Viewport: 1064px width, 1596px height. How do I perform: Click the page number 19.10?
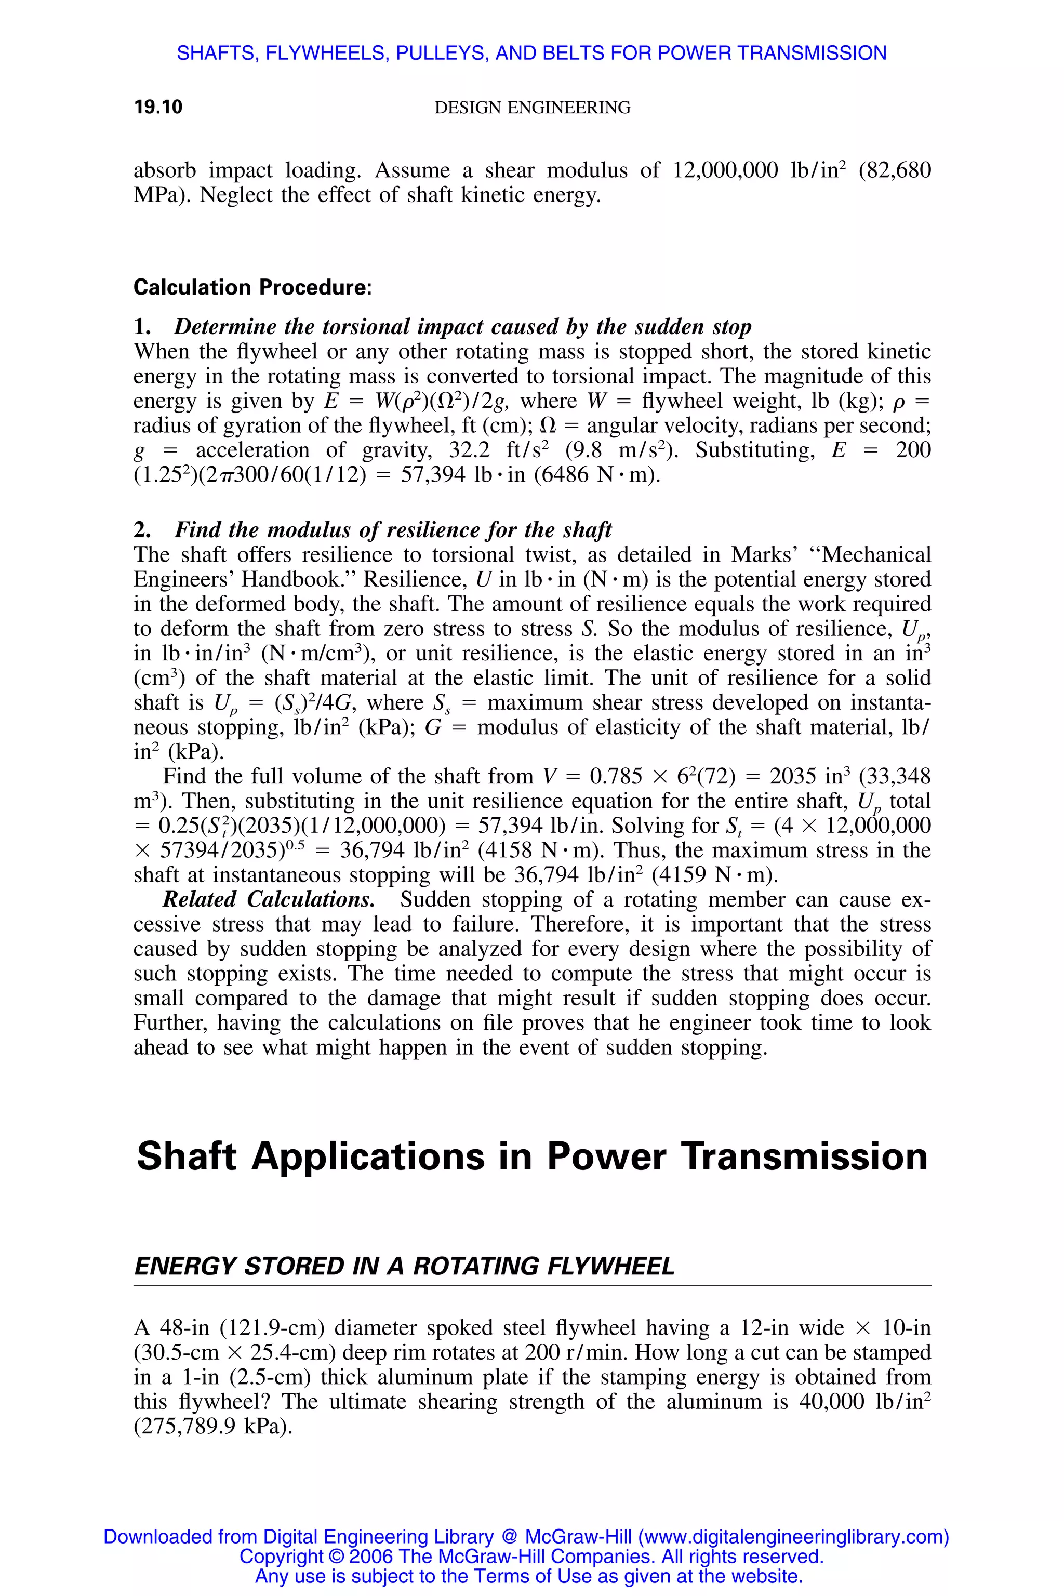(x=158, y=107)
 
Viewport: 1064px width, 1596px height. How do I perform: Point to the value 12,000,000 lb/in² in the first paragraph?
(x=758, y=170)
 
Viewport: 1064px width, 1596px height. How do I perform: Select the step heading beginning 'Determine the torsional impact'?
(x=462, y=327)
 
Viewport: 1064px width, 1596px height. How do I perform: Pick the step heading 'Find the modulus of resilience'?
(x=393, y=530)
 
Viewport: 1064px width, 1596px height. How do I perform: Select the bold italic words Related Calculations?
(x=269, y=900)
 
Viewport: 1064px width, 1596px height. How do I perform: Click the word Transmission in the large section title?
(x=805, y=1157)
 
